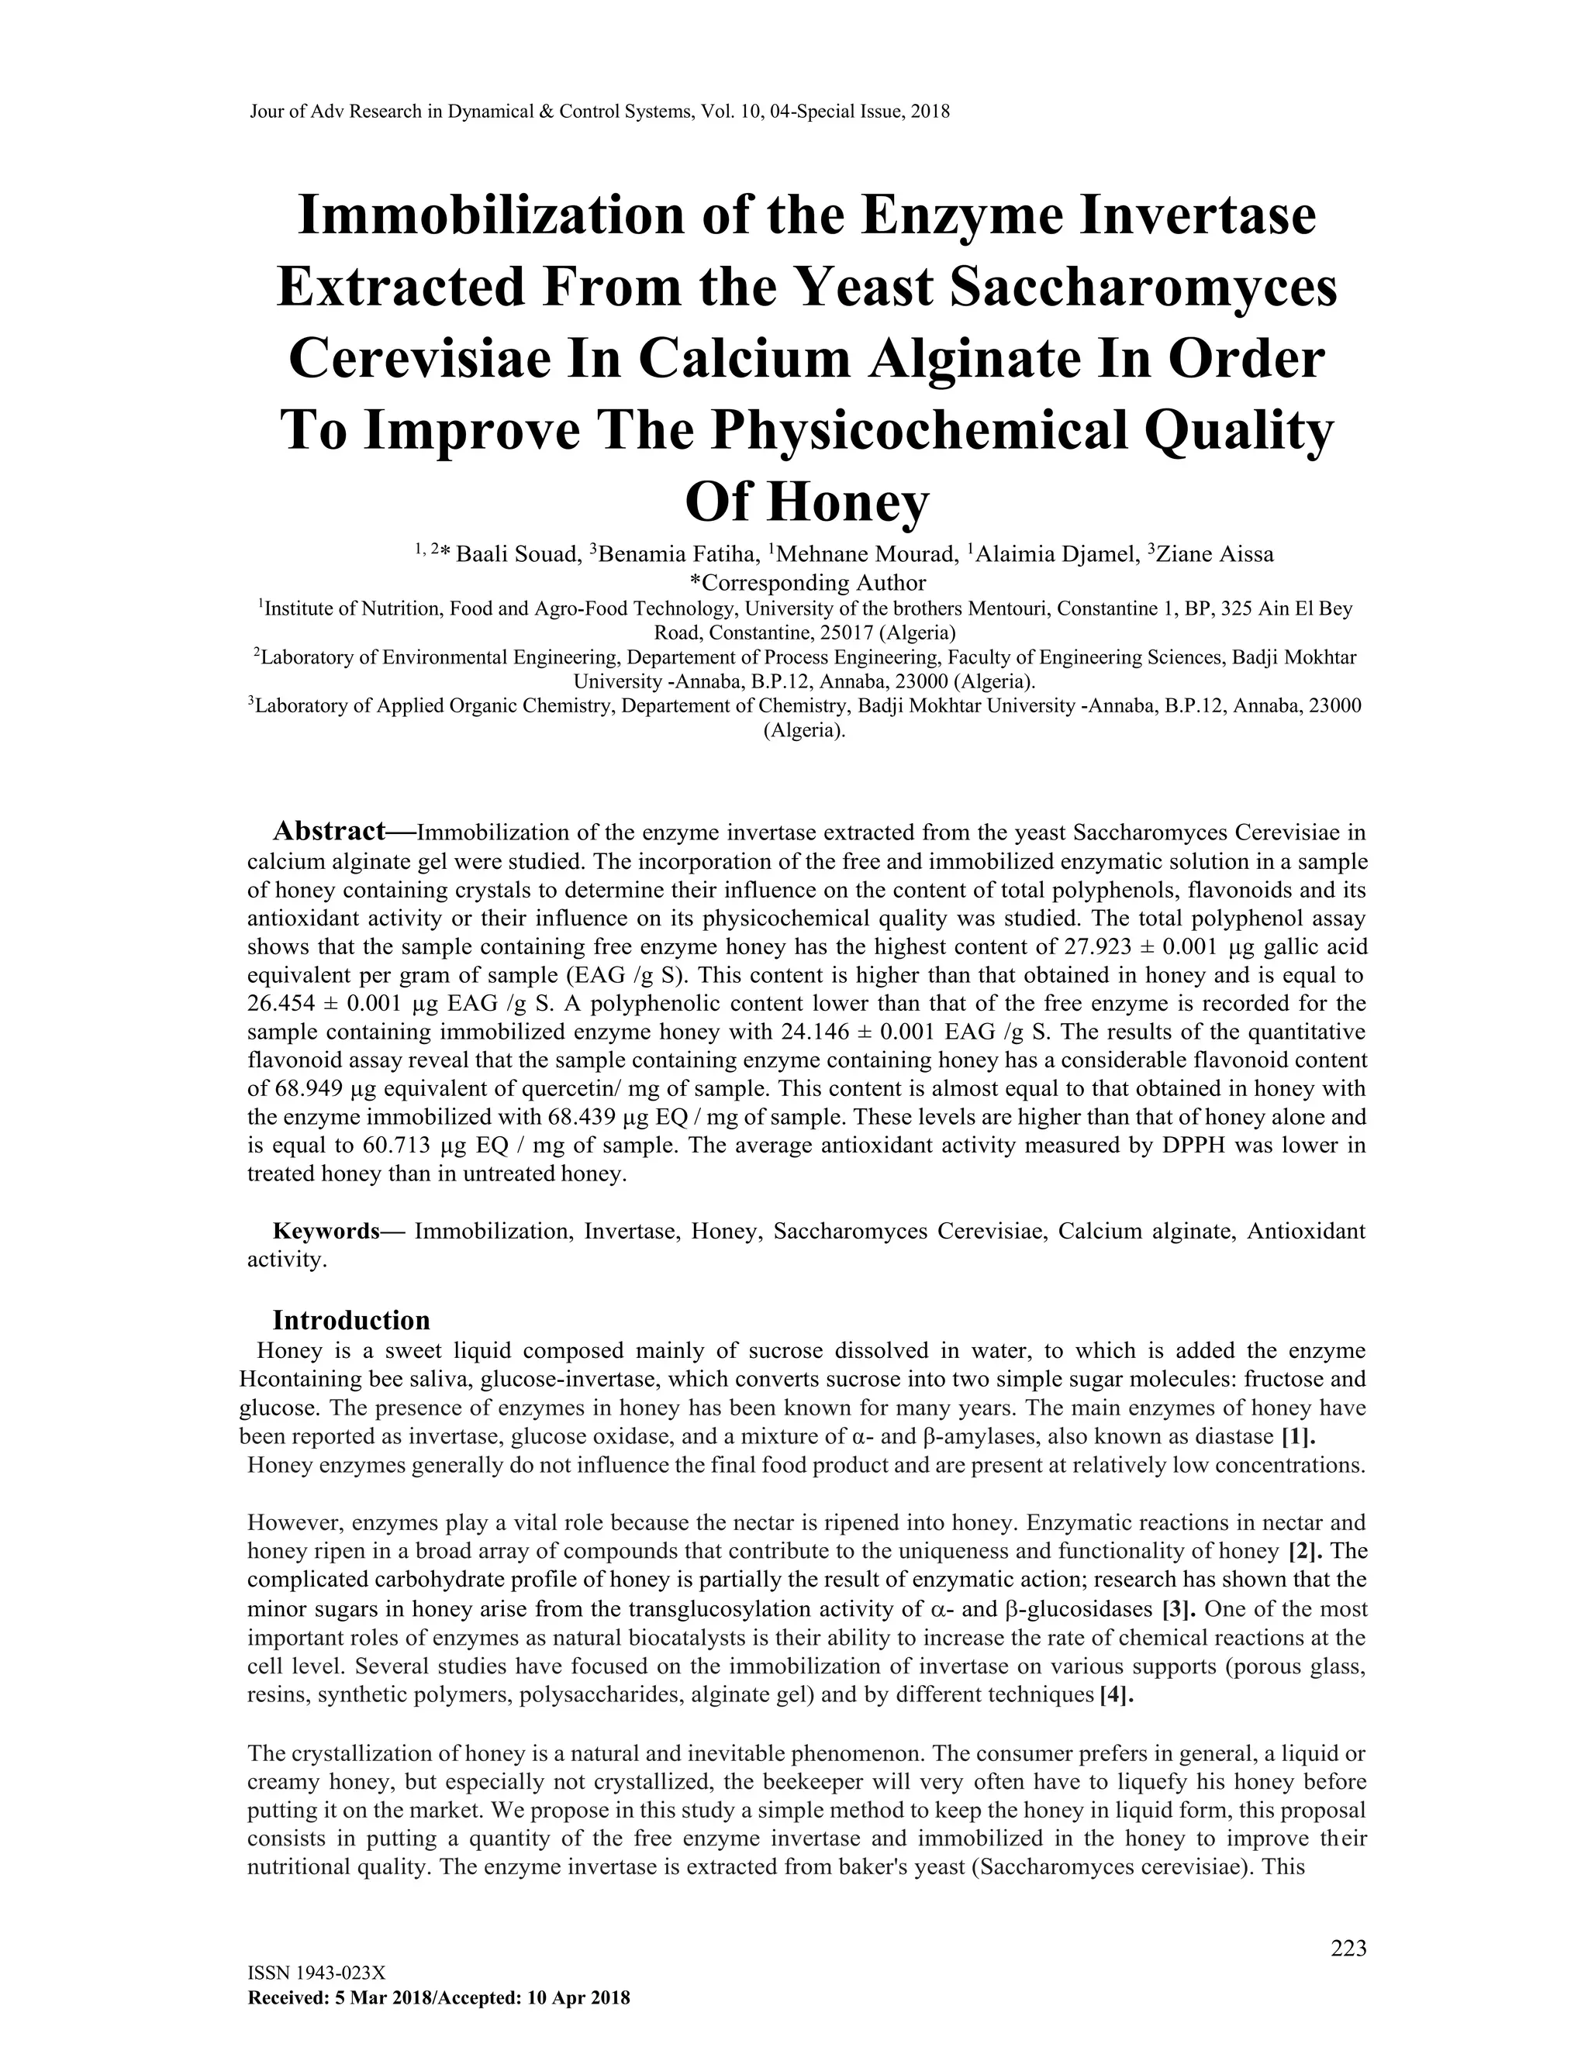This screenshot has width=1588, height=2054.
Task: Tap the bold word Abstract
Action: [x=330, y=832]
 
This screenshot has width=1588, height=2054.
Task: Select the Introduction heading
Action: [x=351, y=1321]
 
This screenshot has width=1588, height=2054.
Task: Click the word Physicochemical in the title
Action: [x=918, y=431]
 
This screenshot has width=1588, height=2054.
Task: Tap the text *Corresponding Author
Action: [x=807, y=582]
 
